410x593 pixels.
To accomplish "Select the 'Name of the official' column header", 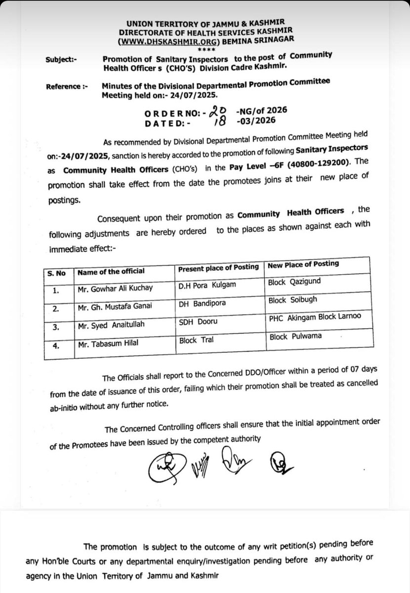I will click(110, 271).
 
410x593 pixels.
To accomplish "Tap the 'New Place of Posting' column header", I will click(303, 264).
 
